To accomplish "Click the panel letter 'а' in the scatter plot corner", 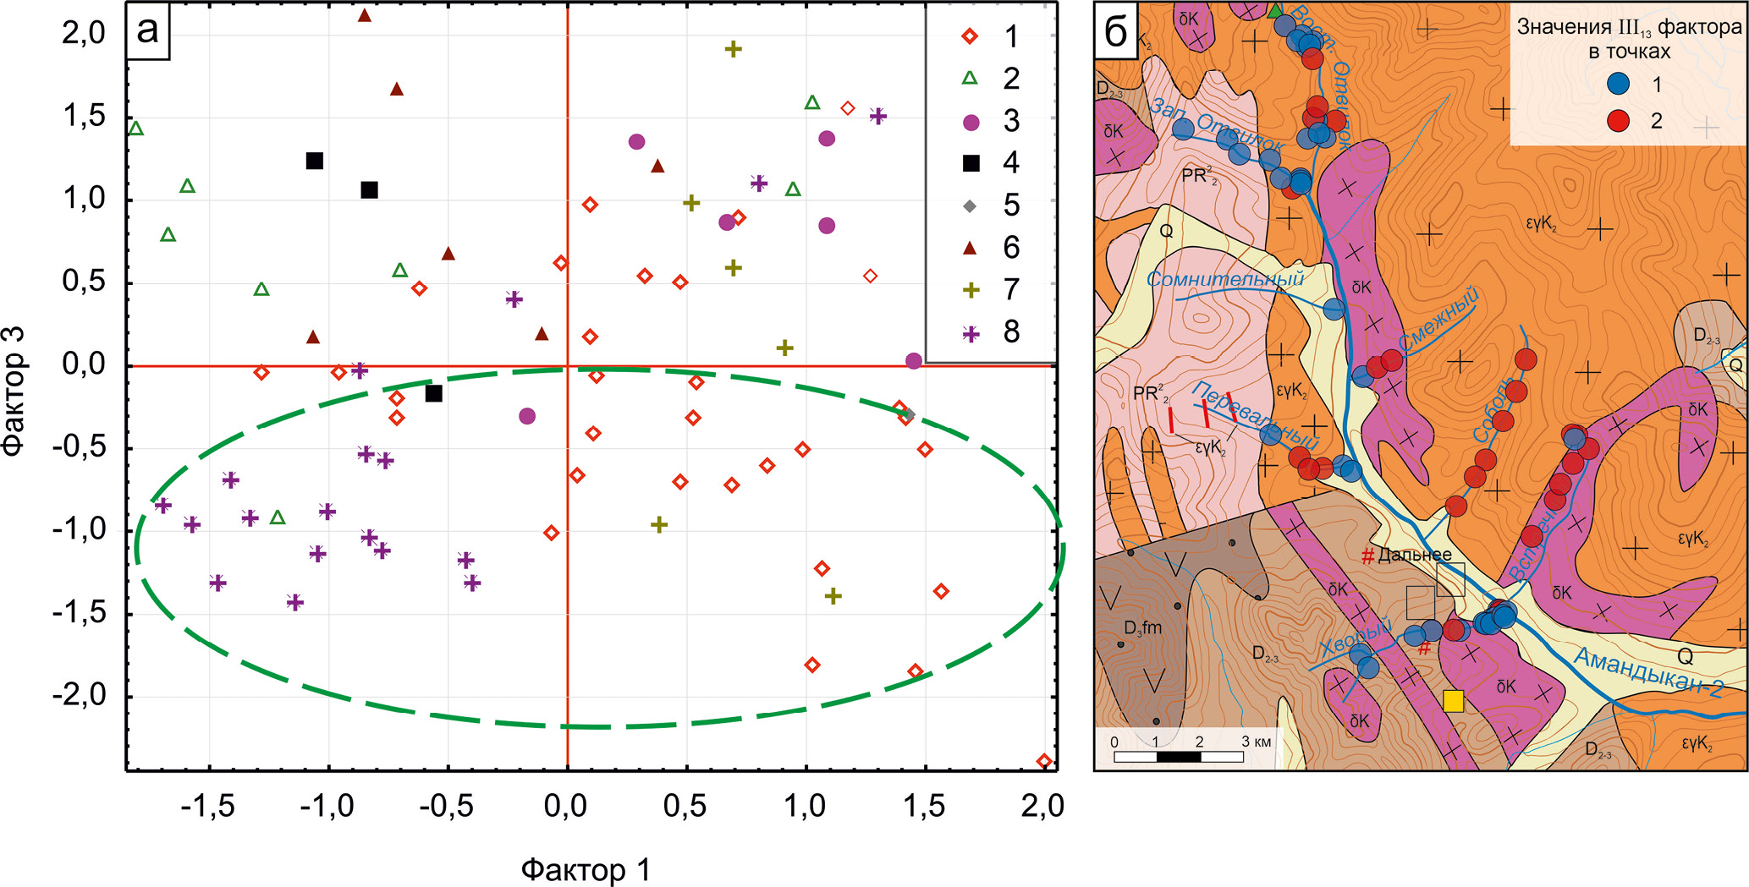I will pyautogui.click(x=147, y=30).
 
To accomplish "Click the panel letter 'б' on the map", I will pyautogui.click(x=1116, y=32).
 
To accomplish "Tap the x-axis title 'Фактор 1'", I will pyautogui.click(x=586, y=869).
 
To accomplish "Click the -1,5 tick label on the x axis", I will pyautogui.click(x=207, y=807).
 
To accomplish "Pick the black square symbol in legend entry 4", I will pyautogui.click(x=971, y=163).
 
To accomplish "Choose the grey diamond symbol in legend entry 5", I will pyautogui.click(x=971, y=205).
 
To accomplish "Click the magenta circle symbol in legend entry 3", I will pyautogui.click(x=971, y=123).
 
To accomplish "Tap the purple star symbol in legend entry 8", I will pyautogui.click(x=971, y=333).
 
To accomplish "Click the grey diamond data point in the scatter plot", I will pyautogui.click(x=909, y=414).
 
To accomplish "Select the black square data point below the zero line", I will pyautogui.click(x=434, y=393).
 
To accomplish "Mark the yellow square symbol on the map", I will pyautogui.click(x=1453, y=701).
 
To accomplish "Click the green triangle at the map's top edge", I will pyautogui.click(x=1275, y=10).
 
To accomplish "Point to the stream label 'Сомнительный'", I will pyautogui.click(x=1224, y=278).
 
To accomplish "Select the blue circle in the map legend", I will pyautogui.click(x=1618, y=83).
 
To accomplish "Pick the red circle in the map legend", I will pyautogui.click(x=1618, y=121).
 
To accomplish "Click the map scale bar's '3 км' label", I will pyautogui.click(x=1256, y=742).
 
